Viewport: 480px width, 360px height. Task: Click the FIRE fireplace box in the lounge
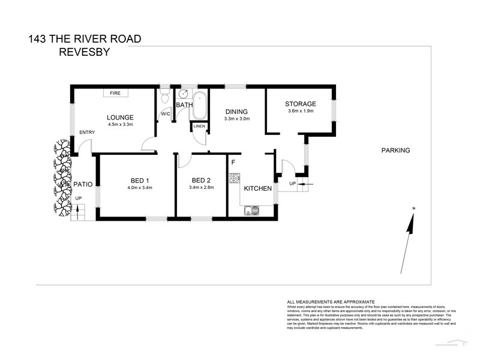point(115,93)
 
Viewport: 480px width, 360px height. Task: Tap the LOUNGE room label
point(120,117)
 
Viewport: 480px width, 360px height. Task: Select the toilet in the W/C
point(165,98)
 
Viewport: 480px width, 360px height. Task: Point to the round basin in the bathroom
point(184,94)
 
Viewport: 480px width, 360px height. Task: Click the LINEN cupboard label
point(199,126)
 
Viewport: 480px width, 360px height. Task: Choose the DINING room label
point(237,112)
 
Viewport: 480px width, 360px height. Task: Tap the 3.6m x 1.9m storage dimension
point(300,111)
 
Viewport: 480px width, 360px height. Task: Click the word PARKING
point(395,151)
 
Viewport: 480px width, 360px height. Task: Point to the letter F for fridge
point(233,161)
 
